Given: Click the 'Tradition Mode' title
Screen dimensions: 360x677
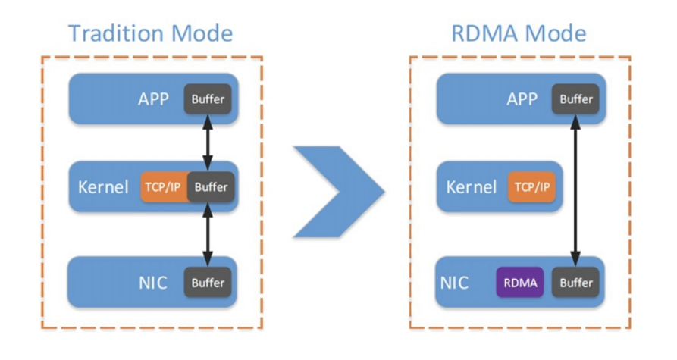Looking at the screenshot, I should (x=150, y=33).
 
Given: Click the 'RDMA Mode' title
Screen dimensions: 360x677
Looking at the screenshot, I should (x=519, y=33).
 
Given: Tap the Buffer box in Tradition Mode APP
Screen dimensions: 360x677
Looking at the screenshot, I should (x=208, y=99).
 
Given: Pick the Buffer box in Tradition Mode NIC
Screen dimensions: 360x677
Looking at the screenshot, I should (x=208, y=283).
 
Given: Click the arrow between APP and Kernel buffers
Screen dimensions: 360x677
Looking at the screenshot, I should (x=208, y=142).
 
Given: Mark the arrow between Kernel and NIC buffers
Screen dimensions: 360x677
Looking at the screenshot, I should (x=208, y=234).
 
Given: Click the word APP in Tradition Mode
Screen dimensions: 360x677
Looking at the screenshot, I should (x=153, y=99).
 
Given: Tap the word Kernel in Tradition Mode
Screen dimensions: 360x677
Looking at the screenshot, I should (x=103, y=186).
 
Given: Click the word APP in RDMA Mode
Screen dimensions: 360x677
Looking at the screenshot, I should (x=522, y=99).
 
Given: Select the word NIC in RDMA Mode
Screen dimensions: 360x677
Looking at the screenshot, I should (x=455, y=283).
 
